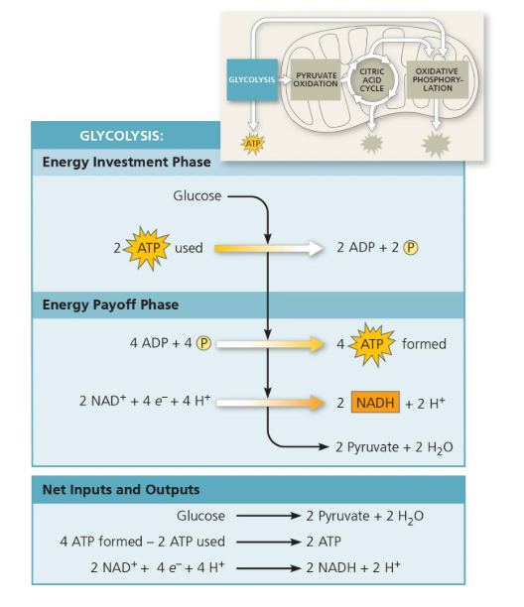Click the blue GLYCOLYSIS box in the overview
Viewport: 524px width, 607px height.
(251, 79)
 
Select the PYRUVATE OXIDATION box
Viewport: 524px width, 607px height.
(317, 79)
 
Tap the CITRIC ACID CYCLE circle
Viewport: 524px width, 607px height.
(371, 79)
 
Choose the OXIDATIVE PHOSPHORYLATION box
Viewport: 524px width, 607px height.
(435, 79)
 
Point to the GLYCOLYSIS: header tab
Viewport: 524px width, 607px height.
(121, 136)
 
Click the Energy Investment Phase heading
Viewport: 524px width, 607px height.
(126, 162)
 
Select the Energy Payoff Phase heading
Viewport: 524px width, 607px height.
(110, 303)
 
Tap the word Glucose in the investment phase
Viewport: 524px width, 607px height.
(197, 195)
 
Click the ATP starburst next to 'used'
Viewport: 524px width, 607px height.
(145, 248)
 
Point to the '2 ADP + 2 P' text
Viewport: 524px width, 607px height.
(376, 248)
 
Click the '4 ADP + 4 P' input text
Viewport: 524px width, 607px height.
(172, 344)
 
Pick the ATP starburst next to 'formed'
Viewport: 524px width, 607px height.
(373, 344)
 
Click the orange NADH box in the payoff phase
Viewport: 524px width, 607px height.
(375, 403)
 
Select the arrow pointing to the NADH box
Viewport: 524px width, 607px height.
(273, 403)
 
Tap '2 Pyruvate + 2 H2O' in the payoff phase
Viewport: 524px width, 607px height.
(399, 447)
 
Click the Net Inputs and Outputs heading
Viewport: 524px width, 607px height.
(120, 489)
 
